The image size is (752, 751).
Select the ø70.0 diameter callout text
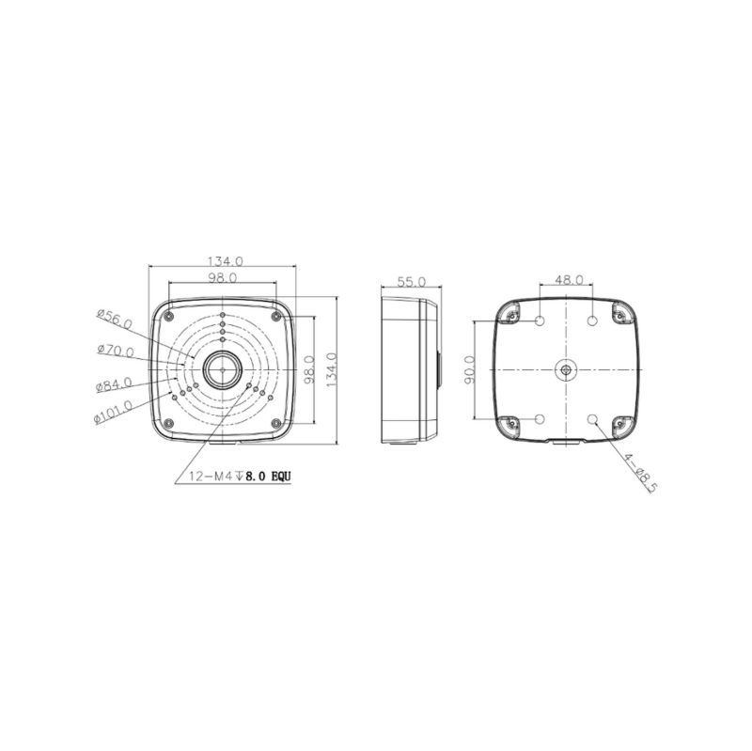[x=115, y=352]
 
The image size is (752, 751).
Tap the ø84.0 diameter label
[x=114, y=384]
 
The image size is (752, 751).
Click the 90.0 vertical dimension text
[x=470, y=370]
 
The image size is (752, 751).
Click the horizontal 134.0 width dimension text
[x=224, y=260]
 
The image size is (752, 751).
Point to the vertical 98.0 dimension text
[x=308, y=370]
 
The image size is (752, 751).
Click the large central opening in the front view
[x=222, y=370]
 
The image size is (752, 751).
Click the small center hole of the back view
[x=566, y=369]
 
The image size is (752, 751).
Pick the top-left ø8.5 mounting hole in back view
[x=540, y=321]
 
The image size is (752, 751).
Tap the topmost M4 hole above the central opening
[x=222, y=315]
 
